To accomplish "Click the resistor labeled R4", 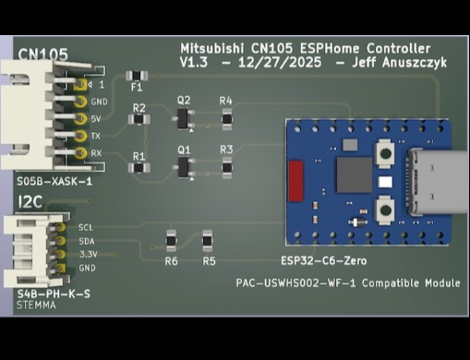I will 226,116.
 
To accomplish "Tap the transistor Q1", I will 184,166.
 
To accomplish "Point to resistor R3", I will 226,166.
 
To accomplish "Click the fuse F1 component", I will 136,76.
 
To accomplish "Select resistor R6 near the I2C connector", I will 171,242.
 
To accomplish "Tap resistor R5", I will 209,242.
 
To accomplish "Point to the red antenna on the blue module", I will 296,175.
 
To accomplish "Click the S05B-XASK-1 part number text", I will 54,183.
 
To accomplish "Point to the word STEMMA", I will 38,304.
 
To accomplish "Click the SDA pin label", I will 87,239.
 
